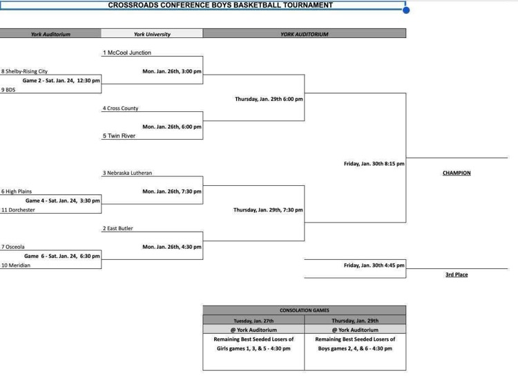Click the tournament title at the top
tap(220, 6)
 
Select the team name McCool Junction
tap(127, 53)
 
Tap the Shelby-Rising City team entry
tap(25, 71)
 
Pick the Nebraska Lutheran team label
tap(128, 173)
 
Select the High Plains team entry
tap(17, 192)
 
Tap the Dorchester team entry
tap(19, 210)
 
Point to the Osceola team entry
tap(14, 247)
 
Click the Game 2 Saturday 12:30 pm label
tap(61, 81)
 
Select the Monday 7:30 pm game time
tap(172, 192)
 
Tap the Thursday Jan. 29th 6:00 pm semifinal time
tap(269, 99)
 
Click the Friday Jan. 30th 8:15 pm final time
tap(374, 164)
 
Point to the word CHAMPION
tap(457, 173)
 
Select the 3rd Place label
tap(457, 274)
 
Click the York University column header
tap(152, 34)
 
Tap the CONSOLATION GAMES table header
tap(304, 310)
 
